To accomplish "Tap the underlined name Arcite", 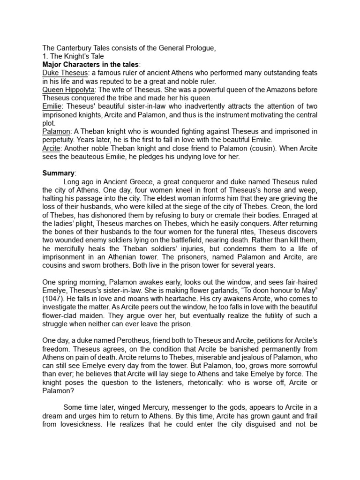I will click(x=52, y=149).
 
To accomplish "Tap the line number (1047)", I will click(x=52, y=291).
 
